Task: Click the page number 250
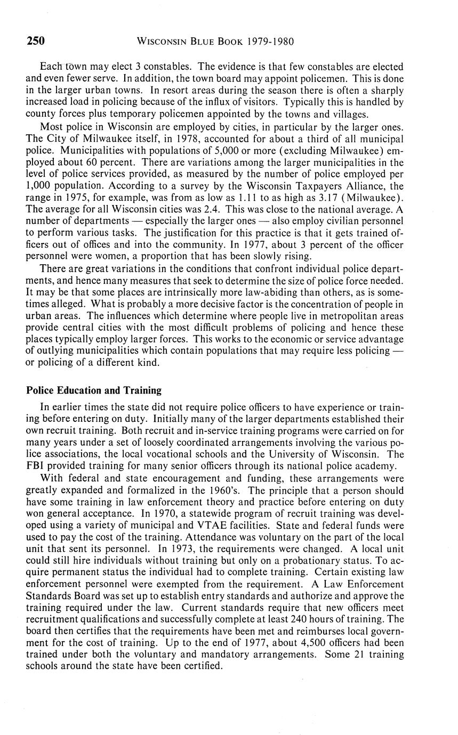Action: pyautogui.click(x=36, y=41)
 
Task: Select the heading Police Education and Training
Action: pyautogui.click(x=94, y=390)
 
